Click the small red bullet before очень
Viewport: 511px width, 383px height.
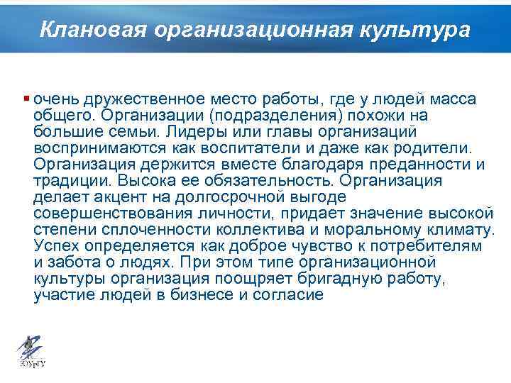click(x=26, y=99)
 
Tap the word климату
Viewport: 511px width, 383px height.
click(x=457, y=230)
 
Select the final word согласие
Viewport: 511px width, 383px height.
click(x=283, y=295)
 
